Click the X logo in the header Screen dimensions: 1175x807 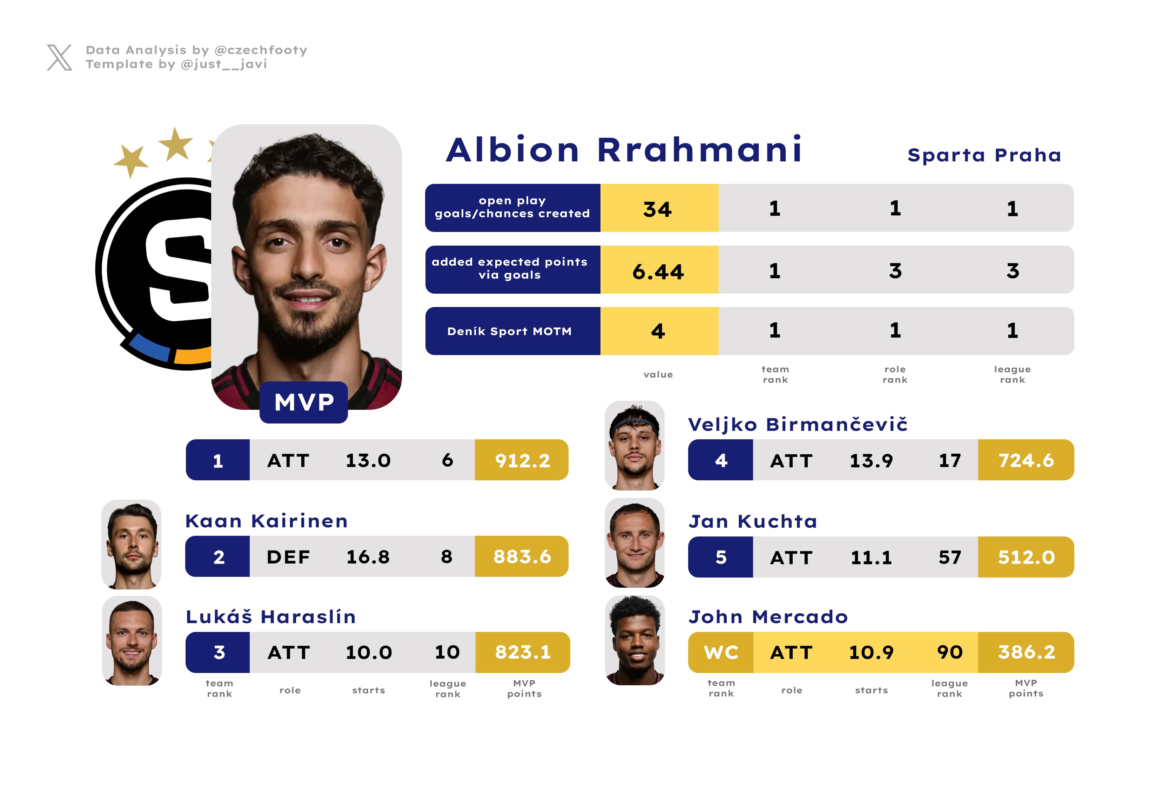coord(60,57)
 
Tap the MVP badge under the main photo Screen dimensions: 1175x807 coord(303,402)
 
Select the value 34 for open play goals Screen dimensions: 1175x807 coord(657,209)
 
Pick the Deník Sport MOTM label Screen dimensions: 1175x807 coord(509,331)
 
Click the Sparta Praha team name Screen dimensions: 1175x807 coord(984,155)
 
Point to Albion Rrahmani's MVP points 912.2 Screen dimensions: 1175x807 coord(522,460)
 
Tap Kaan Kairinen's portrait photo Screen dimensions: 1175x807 coord(132,544)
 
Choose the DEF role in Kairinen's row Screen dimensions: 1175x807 coord(288,557)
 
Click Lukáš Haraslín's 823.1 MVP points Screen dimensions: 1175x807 coord(523,652)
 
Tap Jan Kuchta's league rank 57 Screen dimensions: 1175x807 coord(949,557)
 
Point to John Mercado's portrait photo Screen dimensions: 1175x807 coord(634,640)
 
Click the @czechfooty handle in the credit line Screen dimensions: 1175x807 coord(261,50)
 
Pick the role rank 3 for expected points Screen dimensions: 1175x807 coord(895,271)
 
